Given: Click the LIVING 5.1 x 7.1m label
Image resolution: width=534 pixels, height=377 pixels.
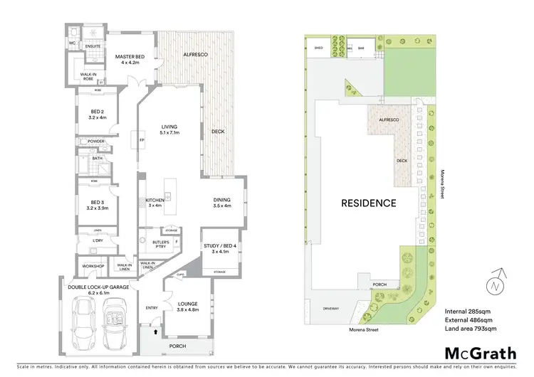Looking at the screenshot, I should click(169, 129).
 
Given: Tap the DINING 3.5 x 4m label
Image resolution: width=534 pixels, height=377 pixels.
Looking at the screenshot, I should click(222, 203).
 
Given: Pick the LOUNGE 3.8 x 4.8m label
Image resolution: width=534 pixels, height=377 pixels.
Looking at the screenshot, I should click(188, 307).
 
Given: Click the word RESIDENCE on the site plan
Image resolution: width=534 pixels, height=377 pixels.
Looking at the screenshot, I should click(367, 203).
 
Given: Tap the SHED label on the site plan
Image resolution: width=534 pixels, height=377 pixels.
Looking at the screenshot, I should click(318, 48).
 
